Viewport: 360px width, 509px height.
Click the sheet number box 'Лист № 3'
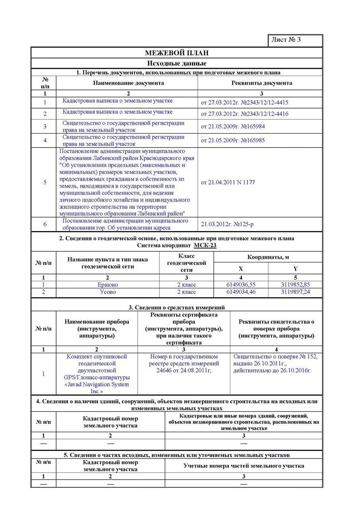[x=295, y=40]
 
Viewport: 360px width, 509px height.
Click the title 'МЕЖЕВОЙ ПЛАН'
[x=177, y=53]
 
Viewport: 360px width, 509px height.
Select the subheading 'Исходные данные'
[x=177, y=64]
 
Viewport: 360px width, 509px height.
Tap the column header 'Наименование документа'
[x=128, y=83]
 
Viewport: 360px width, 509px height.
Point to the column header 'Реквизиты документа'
[x=261, y=83]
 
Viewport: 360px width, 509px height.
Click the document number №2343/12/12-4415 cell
[x=245, y=103]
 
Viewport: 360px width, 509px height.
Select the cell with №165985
[x=233, y=140]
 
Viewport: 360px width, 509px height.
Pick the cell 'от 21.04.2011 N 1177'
[x=228, y=183]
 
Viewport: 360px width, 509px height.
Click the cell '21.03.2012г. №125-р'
[x=227, y=224]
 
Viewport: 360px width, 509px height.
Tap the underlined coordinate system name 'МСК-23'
[x=205, y=245]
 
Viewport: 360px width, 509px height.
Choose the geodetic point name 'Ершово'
[x=107, y=285]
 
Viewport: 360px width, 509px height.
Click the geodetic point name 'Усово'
[x=107, y=292]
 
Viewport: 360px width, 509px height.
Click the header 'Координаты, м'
[x=268, y=257]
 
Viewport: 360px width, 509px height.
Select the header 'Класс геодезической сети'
[x=186, y=263]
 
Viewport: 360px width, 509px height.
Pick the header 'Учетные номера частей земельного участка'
[x=243, y=466]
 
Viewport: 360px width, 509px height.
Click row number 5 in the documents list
[x=45, y=183]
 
